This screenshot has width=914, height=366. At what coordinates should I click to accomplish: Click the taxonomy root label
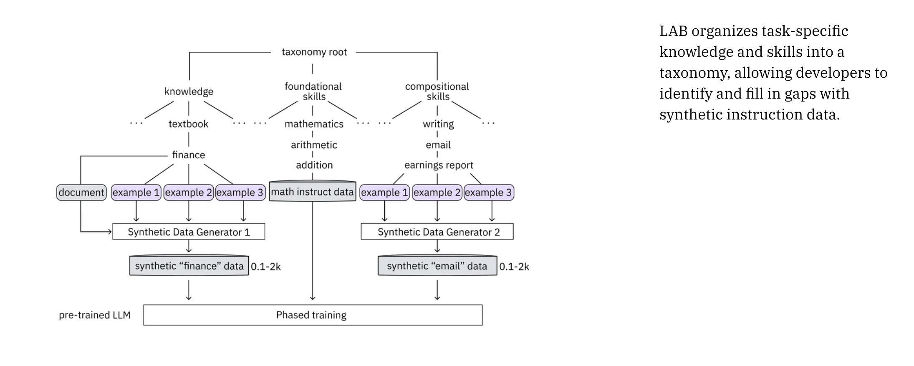[x=314, y=52]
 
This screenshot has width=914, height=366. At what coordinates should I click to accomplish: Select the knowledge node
[x=189, y=91]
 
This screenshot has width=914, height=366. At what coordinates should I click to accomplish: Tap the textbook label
[x=188, y=124]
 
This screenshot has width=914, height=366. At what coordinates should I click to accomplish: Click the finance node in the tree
[x=189, y=155]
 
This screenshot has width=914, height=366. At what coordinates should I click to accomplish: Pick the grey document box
[x=81, y=193]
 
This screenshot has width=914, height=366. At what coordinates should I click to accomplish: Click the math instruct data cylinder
[x=312, y=192]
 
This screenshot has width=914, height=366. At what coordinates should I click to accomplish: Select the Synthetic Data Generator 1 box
[x=189, y=232]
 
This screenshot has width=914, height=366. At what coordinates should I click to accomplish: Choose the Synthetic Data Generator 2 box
[x=437, y=232]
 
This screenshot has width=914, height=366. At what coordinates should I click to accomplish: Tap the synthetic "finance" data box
[x=189, y=266]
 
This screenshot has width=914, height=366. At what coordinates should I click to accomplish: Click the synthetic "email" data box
[x=437, y=266]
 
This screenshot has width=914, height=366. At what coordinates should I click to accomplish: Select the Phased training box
[x=313, y=315]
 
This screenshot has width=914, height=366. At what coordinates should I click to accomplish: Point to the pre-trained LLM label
[x=95, y=315]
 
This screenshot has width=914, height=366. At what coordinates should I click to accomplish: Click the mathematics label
[x=314, y=124]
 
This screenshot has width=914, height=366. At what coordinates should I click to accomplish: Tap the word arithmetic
[x=314, y=145]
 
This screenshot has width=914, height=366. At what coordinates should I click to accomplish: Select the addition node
[x=314, y=165]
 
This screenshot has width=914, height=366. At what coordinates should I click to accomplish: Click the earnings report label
[x=439, y=165]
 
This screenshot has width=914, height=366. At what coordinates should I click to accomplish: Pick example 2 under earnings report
[x=437, y=193]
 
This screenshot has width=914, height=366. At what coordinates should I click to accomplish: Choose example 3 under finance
[x=240, y=193]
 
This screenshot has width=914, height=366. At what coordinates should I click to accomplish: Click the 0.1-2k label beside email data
[x=514, y=267]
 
